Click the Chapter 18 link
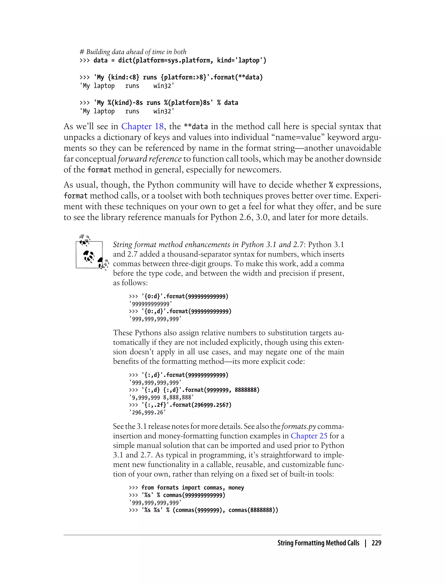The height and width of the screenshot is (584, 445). [x=142, y=126]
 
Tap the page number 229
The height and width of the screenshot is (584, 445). [x=376, y=543]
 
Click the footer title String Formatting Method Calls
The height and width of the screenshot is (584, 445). [x=318, y=543]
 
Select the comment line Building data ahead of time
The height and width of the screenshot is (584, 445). [x=133, y=52]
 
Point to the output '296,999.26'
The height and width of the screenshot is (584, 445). [x=147, y=412]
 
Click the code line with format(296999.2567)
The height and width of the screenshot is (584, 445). [x=180, y=405]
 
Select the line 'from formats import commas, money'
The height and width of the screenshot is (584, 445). [x=186, y=488]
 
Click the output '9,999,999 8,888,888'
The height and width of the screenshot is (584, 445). [x=161, y=397]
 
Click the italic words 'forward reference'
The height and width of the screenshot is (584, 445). [x=150, y=159]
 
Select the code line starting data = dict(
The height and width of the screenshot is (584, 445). [x=173, y=60]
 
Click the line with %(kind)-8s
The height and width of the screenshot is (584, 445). [x=159, y=103]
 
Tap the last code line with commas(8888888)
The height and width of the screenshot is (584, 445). [x=203, y=510]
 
